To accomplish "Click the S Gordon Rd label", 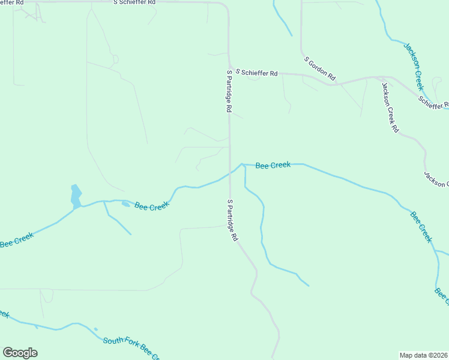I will (320, 69).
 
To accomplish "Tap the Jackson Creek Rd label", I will (390, 107).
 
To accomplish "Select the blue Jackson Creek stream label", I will (414, 66).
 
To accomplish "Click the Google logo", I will (20, 353).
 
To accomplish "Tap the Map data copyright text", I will (424, 355).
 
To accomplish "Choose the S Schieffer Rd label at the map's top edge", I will (134, 3).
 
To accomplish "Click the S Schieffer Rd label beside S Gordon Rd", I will (256, 73).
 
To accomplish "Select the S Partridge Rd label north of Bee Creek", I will (229, 92).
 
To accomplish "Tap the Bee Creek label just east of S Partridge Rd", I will (273, 165).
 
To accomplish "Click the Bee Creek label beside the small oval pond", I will (152, 206).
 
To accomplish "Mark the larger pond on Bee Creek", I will (76, 196).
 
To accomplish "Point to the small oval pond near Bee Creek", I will (125, 204).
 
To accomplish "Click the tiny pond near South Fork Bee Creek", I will (95, 329).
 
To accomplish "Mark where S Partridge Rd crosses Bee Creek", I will (230, 173).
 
